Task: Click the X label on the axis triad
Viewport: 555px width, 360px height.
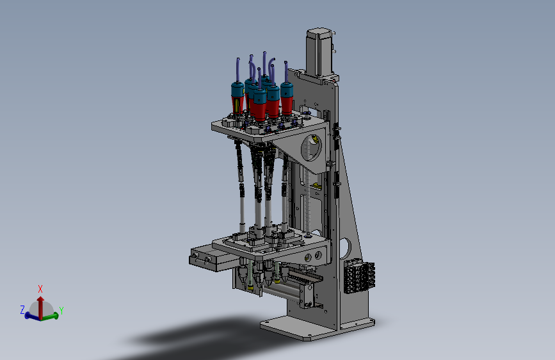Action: coord(40,289)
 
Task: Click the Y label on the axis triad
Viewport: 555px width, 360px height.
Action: coord(61,311)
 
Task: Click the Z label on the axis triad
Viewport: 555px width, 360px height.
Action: coord(22,310)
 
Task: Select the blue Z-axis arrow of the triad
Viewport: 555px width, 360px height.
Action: coord(33,316)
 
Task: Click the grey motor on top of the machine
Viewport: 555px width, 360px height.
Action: coord(319,53)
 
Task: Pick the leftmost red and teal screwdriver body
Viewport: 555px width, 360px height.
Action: coord(237,97)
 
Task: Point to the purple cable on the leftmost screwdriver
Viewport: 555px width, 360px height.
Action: coord(238,70)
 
